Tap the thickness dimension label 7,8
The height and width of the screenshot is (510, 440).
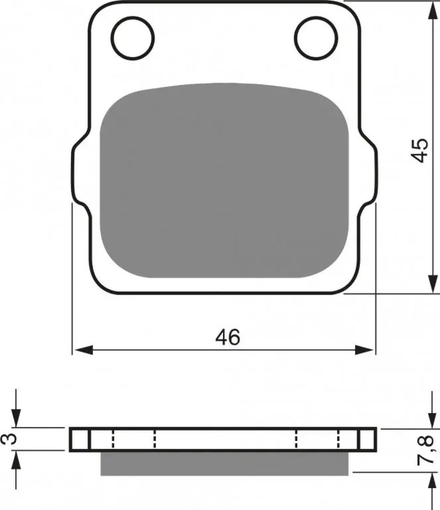pyautogui.click(x=425, y=451)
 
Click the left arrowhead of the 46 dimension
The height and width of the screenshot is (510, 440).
pyautogui.click(x=84, y=350)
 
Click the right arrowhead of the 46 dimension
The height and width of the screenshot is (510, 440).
pyautogui.click(x=364, y=350)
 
